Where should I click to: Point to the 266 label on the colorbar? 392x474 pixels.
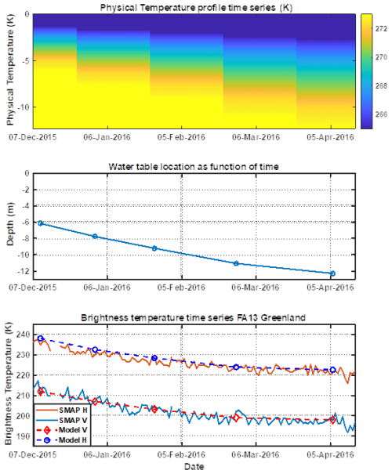pyautogui.click(x=378, y=114)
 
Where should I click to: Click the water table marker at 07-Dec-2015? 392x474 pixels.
pyautogui.click(x=41, y=223)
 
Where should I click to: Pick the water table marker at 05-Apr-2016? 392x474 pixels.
pyautogui.click(x=332, y=273)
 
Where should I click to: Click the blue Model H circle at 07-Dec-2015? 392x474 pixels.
pyautogui.click(x=41, y=338)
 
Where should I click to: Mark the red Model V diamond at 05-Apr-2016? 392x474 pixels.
pyautogui.click(x=332, y=420)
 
